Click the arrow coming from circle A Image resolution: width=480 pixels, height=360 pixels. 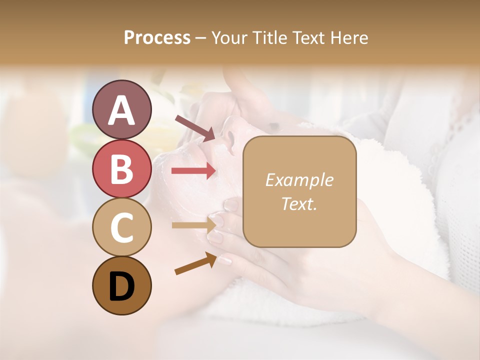195,127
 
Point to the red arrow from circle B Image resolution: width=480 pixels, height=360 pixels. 193,171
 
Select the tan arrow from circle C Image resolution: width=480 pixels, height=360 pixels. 193,225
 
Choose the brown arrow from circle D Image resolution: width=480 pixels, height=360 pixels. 195,264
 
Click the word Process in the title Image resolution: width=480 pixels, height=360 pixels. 157,37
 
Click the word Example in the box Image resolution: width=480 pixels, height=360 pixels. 299,180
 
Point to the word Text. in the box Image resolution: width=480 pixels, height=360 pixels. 299,204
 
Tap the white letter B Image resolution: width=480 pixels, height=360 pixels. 121,168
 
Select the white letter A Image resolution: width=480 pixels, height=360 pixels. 121,110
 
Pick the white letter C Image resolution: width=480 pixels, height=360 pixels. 121,227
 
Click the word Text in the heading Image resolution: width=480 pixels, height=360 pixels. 309,37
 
